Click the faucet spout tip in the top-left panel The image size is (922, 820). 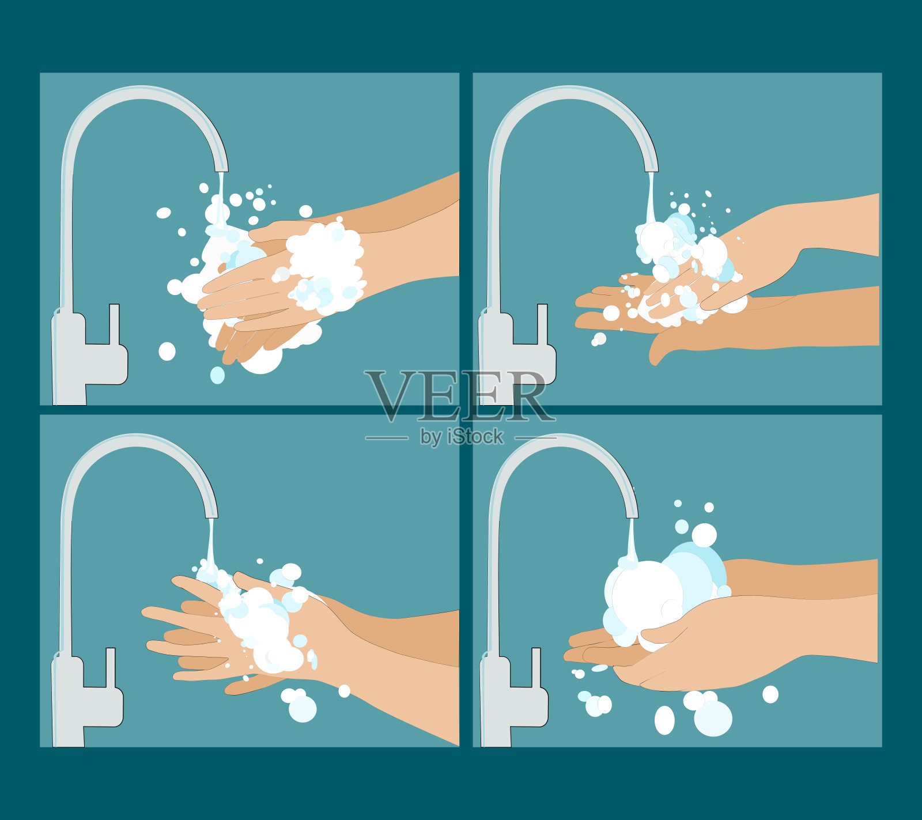221,168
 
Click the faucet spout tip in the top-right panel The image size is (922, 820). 651,168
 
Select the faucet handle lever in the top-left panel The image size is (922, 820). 114,324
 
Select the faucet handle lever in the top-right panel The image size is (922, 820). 542,324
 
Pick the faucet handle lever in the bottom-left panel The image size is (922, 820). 110,667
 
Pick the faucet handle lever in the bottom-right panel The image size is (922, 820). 536,667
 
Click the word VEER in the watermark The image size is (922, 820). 459,396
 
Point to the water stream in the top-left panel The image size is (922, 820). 220,199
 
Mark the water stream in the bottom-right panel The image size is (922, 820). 632,539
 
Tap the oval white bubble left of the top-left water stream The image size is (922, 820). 164,213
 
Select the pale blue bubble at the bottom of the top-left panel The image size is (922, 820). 217,375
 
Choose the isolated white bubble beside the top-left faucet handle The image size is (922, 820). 167,351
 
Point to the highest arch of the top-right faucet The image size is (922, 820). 570,92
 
